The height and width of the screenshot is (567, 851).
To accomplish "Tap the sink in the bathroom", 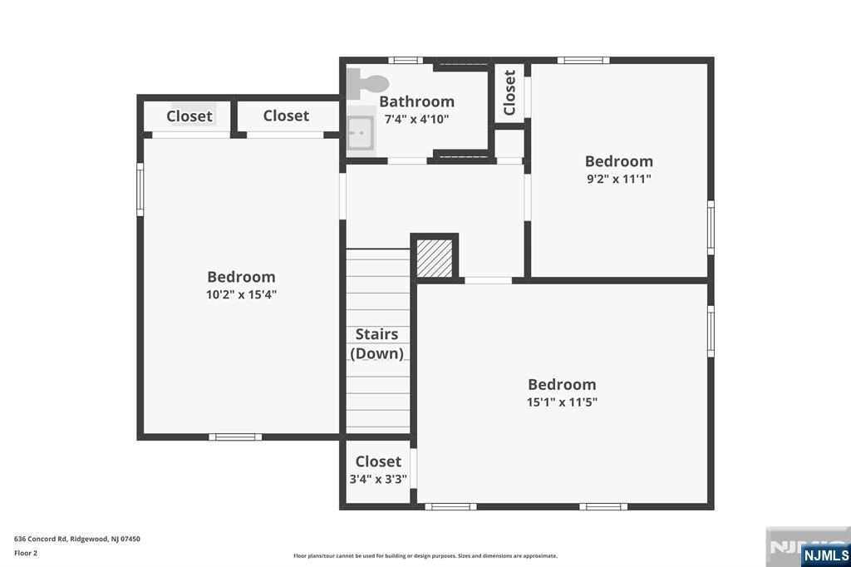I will point(361,131).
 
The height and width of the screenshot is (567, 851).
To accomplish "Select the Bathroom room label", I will point(416,101).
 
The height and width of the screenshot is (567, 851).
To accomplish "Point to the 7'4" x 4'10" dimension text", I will point(416,119).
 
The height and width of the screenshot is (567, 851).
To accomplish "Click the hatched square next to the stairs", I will point(434,259).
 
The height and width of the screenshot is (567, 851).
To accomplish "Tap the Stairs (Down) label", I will point(377,343).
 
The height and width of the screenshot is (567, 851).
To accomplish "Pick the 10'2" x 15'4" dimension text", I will point(241,294).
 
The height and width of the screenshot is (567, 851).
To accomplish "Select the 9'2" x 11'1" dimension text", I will point(618,178).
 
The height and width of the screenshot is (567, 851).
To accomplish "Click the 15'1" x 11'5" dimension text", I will point(562,402).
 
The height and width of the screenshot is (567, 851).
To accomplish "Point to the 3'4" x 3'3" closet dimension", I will point(378,479).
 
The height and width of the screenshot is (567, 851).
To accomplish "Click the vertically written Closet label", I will point(509,92).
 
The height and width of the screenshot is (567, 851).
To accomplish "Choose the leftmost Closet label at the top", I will point(189,116).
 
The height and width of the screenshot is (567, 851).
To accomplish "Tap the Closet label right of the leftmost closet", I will point(286,116).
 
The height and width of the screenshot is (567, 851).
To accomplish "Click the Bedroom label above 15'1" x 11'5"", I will point(562,384).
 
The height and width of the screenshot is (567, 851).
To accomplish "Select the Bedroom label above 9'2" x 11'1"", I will point(618,161).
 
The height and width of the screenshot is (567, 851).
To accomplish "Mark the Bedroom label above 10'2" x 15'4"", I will point(241,277).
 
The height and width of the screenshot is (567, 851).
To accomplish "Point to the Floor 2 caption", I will point(26,553).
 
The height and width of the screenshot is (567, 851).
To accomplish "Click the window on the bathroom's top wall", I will point(406,60).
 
